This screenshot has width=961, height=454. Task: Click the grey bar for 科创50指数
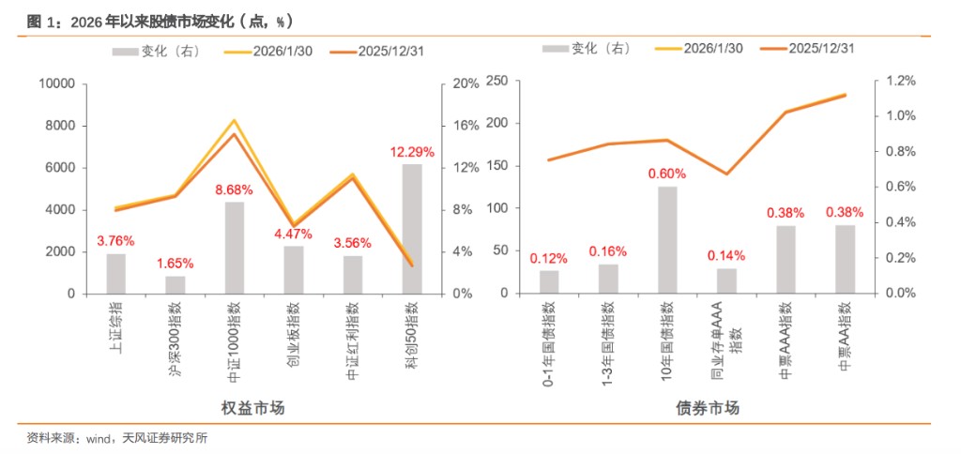[411, 229]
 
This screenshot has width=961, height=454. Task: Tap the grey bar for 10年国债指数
[667, 239]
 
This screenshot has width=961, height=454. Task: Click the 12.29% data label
[411, 152]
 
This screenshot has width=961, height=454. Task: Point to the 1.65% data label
[175, 264]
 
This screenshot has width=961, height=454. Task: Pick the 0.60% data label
[667, 174]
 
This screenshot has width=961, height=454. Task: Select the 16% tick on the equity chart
[466, 126]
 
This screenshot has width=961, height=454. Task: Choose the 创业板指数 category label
[293, 324]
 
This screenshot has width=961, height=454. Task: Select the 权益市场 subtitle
[253, 408]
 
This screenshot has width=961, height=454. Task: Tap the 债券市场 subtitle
[708, 408]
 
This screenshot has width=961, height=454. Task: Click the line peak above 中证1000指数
[235, 121]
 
